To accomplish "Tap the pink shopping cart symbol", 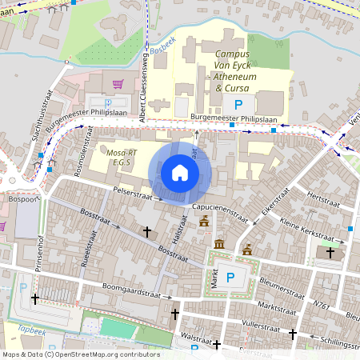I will (x=118, y=83).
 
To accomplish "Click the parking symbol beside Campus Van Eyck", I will (x=238, y=104).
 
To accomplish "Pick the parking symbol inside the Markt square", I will (x=230, y=278).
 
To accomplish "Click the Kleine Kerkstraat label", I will (x=306, y=230).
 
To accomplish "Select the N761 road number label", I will (x=322, y=305).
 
